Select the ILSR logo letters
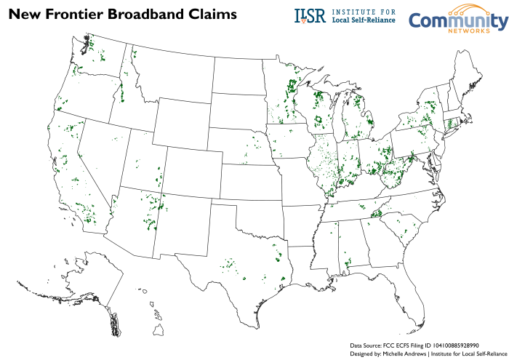310,16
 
